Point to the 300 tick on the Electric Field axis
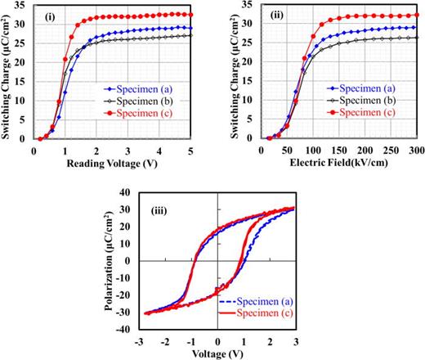coord(408,151)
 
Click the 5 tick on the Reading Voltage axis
coord(190,151)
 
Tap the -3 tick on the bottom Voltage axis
coord(141,340)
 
